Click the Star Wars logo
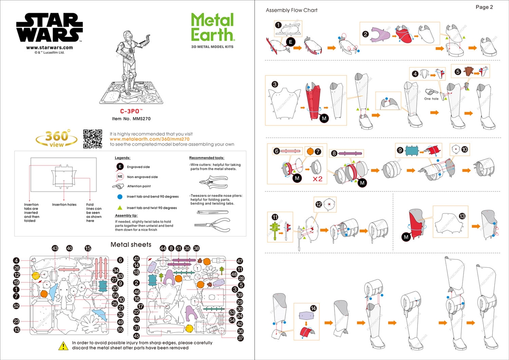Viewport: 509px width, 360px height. [49, 27]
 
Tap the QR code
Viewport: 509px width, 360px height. [92, 139]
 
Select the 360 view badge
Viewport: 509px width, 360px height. [56, 138]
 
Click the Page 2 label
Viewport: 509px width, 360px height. [484, 7]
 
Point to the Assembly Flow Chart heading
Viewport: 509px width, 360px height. [291, 10]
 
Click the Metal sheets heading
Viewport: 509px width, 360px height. [131, 244]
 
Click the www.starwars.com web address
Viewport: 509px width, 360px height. [49, 48]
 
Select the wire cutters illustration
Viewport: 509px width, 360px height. [214, 183]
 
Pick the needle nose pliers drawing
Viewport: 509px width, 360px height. [213, 224]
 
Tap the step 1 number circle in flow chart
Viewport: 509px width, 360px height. [278, 25]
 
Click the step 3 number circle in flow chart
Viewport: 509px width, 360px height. [275, 84]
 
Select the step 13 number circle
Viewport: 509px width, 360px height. [462, 216]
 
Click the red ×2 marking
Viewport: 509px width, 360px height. [317, 179]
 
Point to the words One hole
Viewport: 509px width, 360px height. [432, 99]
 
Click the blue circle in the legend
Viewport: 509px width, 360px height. [119, 197]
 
